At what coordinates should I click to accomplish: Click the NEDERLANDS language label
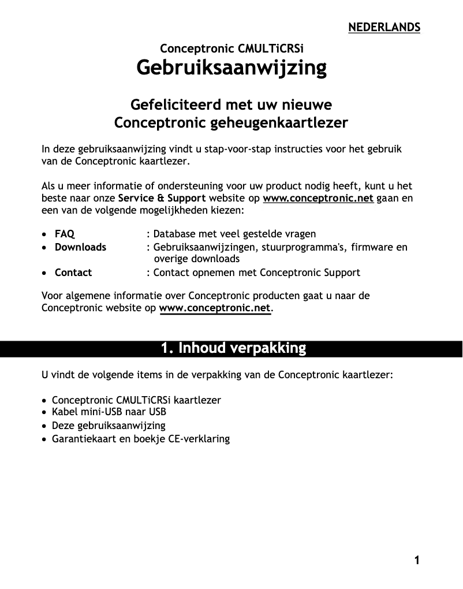[x=384, y=27]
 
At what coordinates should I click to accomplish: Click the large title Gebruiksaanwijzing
[x=231, y=68]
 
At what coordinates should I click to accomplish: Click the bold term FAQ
[x=65, y=234]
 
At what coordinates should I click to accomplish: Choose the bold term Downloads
[x=80, y=247]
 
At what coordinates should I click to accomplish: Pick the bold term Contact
[x=73, y=273]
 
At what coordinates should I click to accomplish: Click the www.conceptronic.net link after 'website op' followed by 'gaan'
[x=318, y=199]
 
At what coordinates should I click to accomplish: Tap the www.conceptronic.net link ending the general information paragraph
[x=214, y=308]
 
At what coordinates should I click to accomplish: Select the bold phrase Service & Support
[x=162, y=199]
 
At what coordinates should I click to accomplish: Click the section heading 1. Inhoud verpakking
[x=233, y=348]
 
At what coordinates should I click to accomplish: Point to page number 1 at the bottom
[x=416, y=560]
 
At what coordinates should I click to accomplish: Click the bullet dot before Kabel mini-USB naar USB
[x=45, y=413]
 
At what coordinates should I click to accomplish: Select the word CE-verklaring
[x=200, y=439]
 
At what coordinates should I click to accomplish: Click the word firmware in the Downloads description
[x=372, y=247]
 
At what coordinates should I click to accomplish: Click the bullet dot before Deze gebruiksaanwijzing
[x=45, y=426]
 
